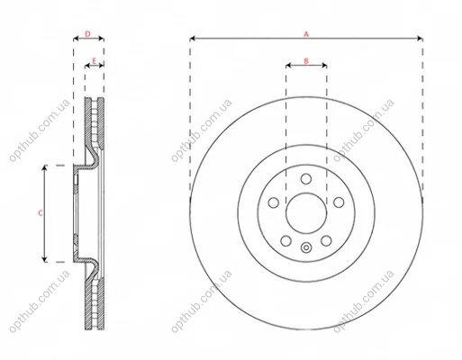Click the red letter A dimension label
(306, 34)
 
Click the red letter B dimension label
(306, 61)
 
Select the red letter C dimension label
(41, 213)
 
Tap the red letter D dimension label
(87, 34)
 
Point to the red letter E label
(94, 61)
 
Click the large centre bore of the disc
(306, 213)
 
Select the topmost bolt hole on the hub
(306, 179)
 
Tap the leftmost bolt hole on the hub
(273, 202)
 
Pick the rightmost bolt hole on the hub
(339, 202)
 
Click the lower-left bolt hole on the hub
(285, 240)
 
